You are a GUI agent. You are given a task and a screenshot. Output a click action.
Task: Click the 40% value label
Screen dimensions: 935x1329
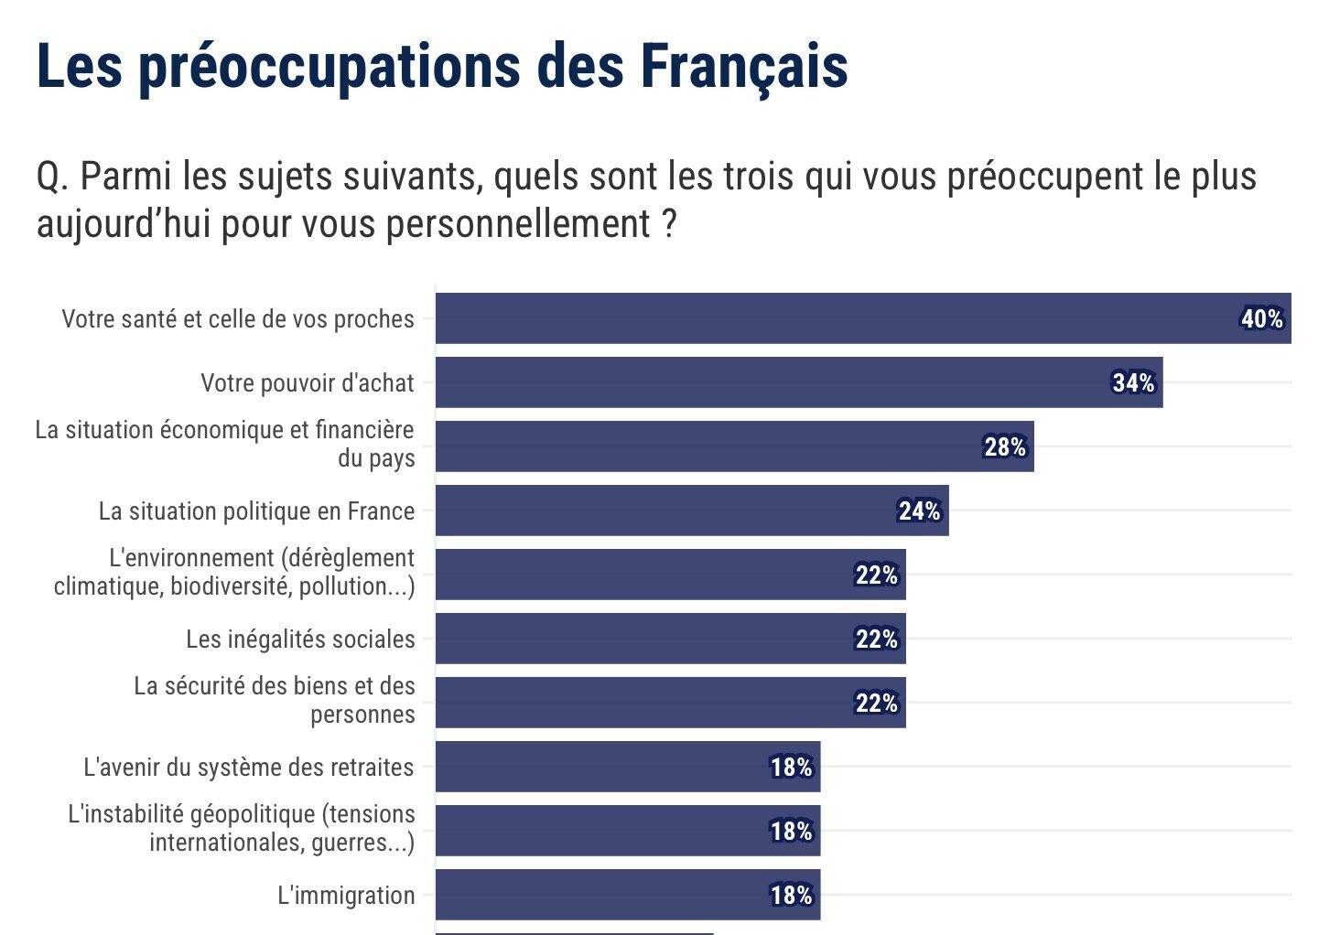point(1262,319)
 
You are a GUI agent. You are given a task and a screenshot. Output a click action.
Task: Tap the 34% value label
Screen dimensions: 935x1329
point(1133,383)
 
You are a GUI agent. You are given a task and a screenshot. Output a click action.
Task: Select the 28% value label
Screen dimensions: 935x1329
point(1005,447)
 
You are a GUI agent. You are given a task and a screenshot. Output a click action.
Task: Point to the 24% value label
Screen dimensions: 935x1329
point(919,511)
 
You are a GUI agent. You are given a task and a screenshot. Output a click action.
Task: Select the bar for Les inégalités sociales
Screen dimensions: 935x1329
point(641,639)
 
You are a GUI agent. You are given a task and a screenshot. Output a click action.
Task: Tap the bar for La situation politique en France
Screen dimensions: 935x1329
point(659,510)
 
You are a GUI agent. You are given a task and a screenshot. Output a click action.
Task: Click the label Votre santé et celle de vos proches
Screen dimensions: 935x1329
point(238,319)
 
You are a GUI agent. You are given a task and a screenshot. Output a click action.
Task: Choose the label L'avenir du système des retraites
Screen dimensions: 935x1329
point(249,768)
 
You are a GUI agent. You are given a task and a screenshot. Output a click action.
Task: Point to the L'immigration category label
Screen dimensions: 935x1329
point(346,896)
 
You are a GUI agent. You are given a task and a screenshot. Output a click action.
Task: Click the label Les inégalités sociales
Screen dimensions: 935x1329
point(300,639)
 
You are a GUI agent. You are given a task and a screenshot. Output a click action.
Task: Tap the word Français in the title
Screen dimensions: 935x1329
point(743,66)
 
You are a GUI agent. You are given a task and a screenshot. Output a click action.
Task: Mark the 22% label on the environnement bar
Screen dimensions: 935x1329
point(877,575)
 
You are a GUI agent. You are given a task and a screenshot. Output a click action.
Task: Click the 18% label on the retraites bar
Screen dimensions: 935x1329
point(791,768)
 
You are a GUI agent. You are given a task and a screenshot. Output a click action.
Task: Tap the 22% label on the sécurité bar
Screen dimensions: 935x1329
point(877,704)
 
